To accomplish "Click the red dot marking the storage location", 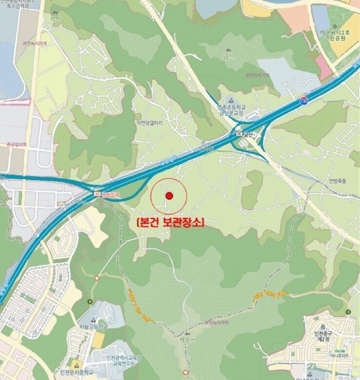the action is (x=169, y=196).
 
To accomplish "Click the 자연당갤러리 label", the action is (x=150, y=123).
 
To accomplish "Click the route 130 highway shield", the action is (x=304, y=100).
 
